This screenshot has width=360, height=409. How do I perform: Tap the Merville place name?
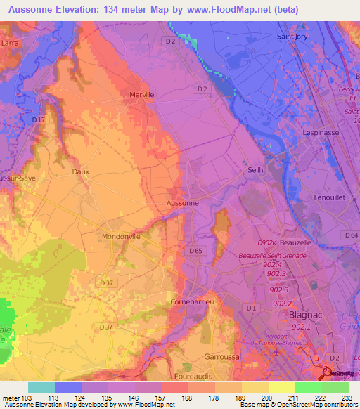[x=141, y=94]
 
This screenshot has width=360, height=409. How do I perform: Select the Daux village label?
[x=81, y=171]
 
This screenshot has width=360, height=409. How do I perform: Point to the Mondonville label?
[x=122, y=237]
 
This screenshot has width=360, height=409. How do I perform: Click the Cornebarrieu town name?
[x=191, y=301]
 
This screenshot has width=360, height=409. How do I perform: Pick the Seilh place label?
[x=255, y=170]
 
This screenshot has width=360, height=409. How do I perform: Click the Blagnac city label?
[x=307, y=316]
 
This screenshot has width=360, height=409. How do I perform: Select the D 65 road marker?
[x=195, y=250]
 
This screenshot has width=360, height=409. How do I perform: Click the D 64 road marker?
[x=352, y=235]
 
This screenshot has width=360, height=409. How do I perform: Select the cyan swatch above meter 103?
[x=41, y=387]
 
